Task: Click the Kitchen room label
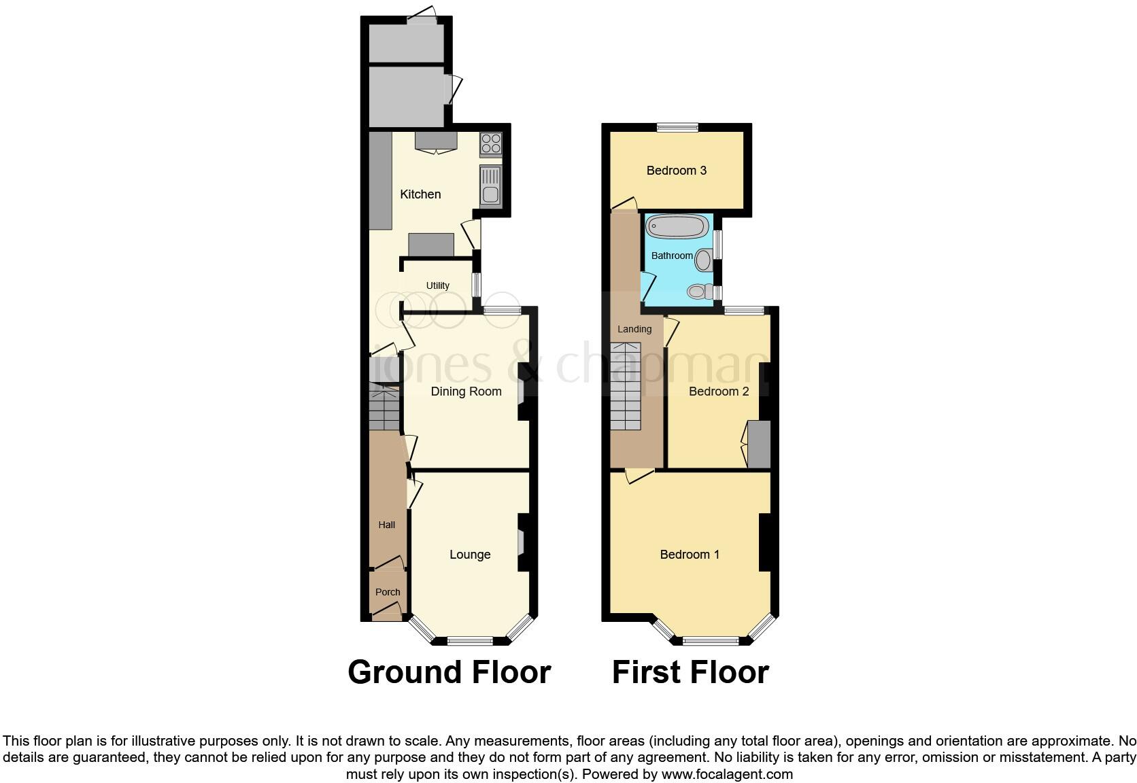click(x=420, y=194)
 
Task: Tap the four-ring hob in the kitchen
click(x=491, y=143)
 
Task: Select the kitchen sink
click(x=490, y=186)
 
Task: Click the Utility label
click(x=438, y=285)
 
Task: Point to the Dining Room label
click(x=466, y=391)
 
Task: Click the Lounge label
click(x=470, y=555)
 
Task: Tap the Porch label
click(x=388, y=592)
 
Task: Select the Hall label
click(x=386, y=525)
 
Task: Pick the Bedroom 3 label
click(x=676, y=171)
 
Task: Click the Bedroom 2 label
click(x=719, y=391)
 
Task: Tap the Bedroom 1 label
click(x=690, y=555)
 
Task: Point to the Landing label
click(x=634, y=329)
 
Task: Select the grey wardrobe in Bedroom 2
click(x=759, y=445)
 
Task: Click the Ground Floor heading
click(x=449, y=672)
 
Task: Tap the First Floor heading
click(x=690, y=672)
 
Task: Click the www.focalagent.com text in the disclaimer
click(x=726, y=774)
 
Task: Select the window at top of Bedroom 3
click(x=677, y=126)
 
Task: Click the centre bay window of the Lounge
click(x=470, y=640)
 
